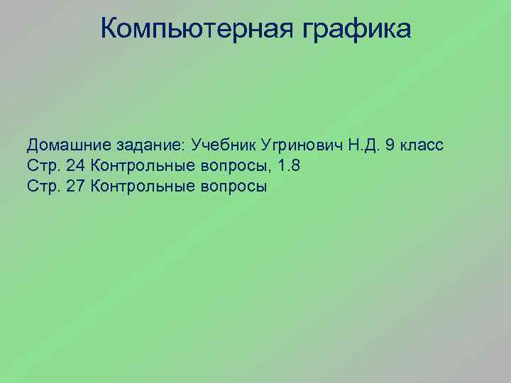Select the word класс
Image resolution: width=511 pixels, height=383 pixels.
tap(422, 146)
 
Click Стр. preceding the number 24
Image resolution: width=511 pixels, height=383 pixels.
tap(43, 167)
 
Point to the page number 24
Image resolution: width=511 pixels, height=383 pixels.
tap(75, 167)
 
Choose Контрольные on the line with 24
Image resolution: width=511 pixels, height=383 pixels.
tap(138, 167)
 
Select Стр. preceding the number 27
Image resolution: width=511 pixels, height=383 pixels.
tap(43, 187)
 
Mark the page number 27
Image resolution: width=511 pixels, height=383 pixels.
tap(75, 187)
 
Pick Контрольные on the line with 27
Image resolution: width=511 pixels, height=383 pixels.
tap(138, 187)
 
